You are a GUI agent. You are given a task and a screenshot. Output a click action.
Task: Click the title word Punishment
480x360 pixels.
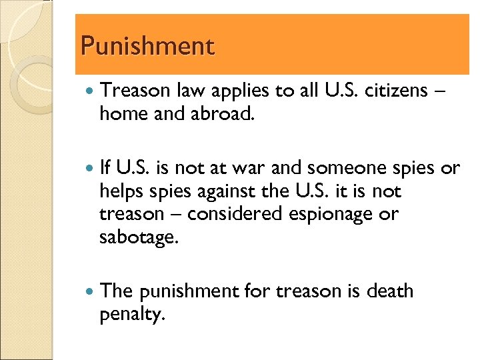tap(147, 47)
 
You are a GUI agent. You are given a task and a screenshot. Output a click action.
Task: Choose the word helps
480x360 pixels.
tap(120, 191)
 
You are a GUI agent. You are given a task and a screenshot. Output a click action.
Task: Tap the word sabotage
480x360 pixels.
tap(139, 237)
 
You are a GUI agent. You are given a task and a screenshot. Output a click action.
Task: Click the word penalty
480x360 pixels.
tap(131, 315)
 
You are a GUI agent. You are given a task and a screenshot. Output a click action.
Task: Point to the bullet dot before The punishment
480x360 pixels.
tap(91, 292)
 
